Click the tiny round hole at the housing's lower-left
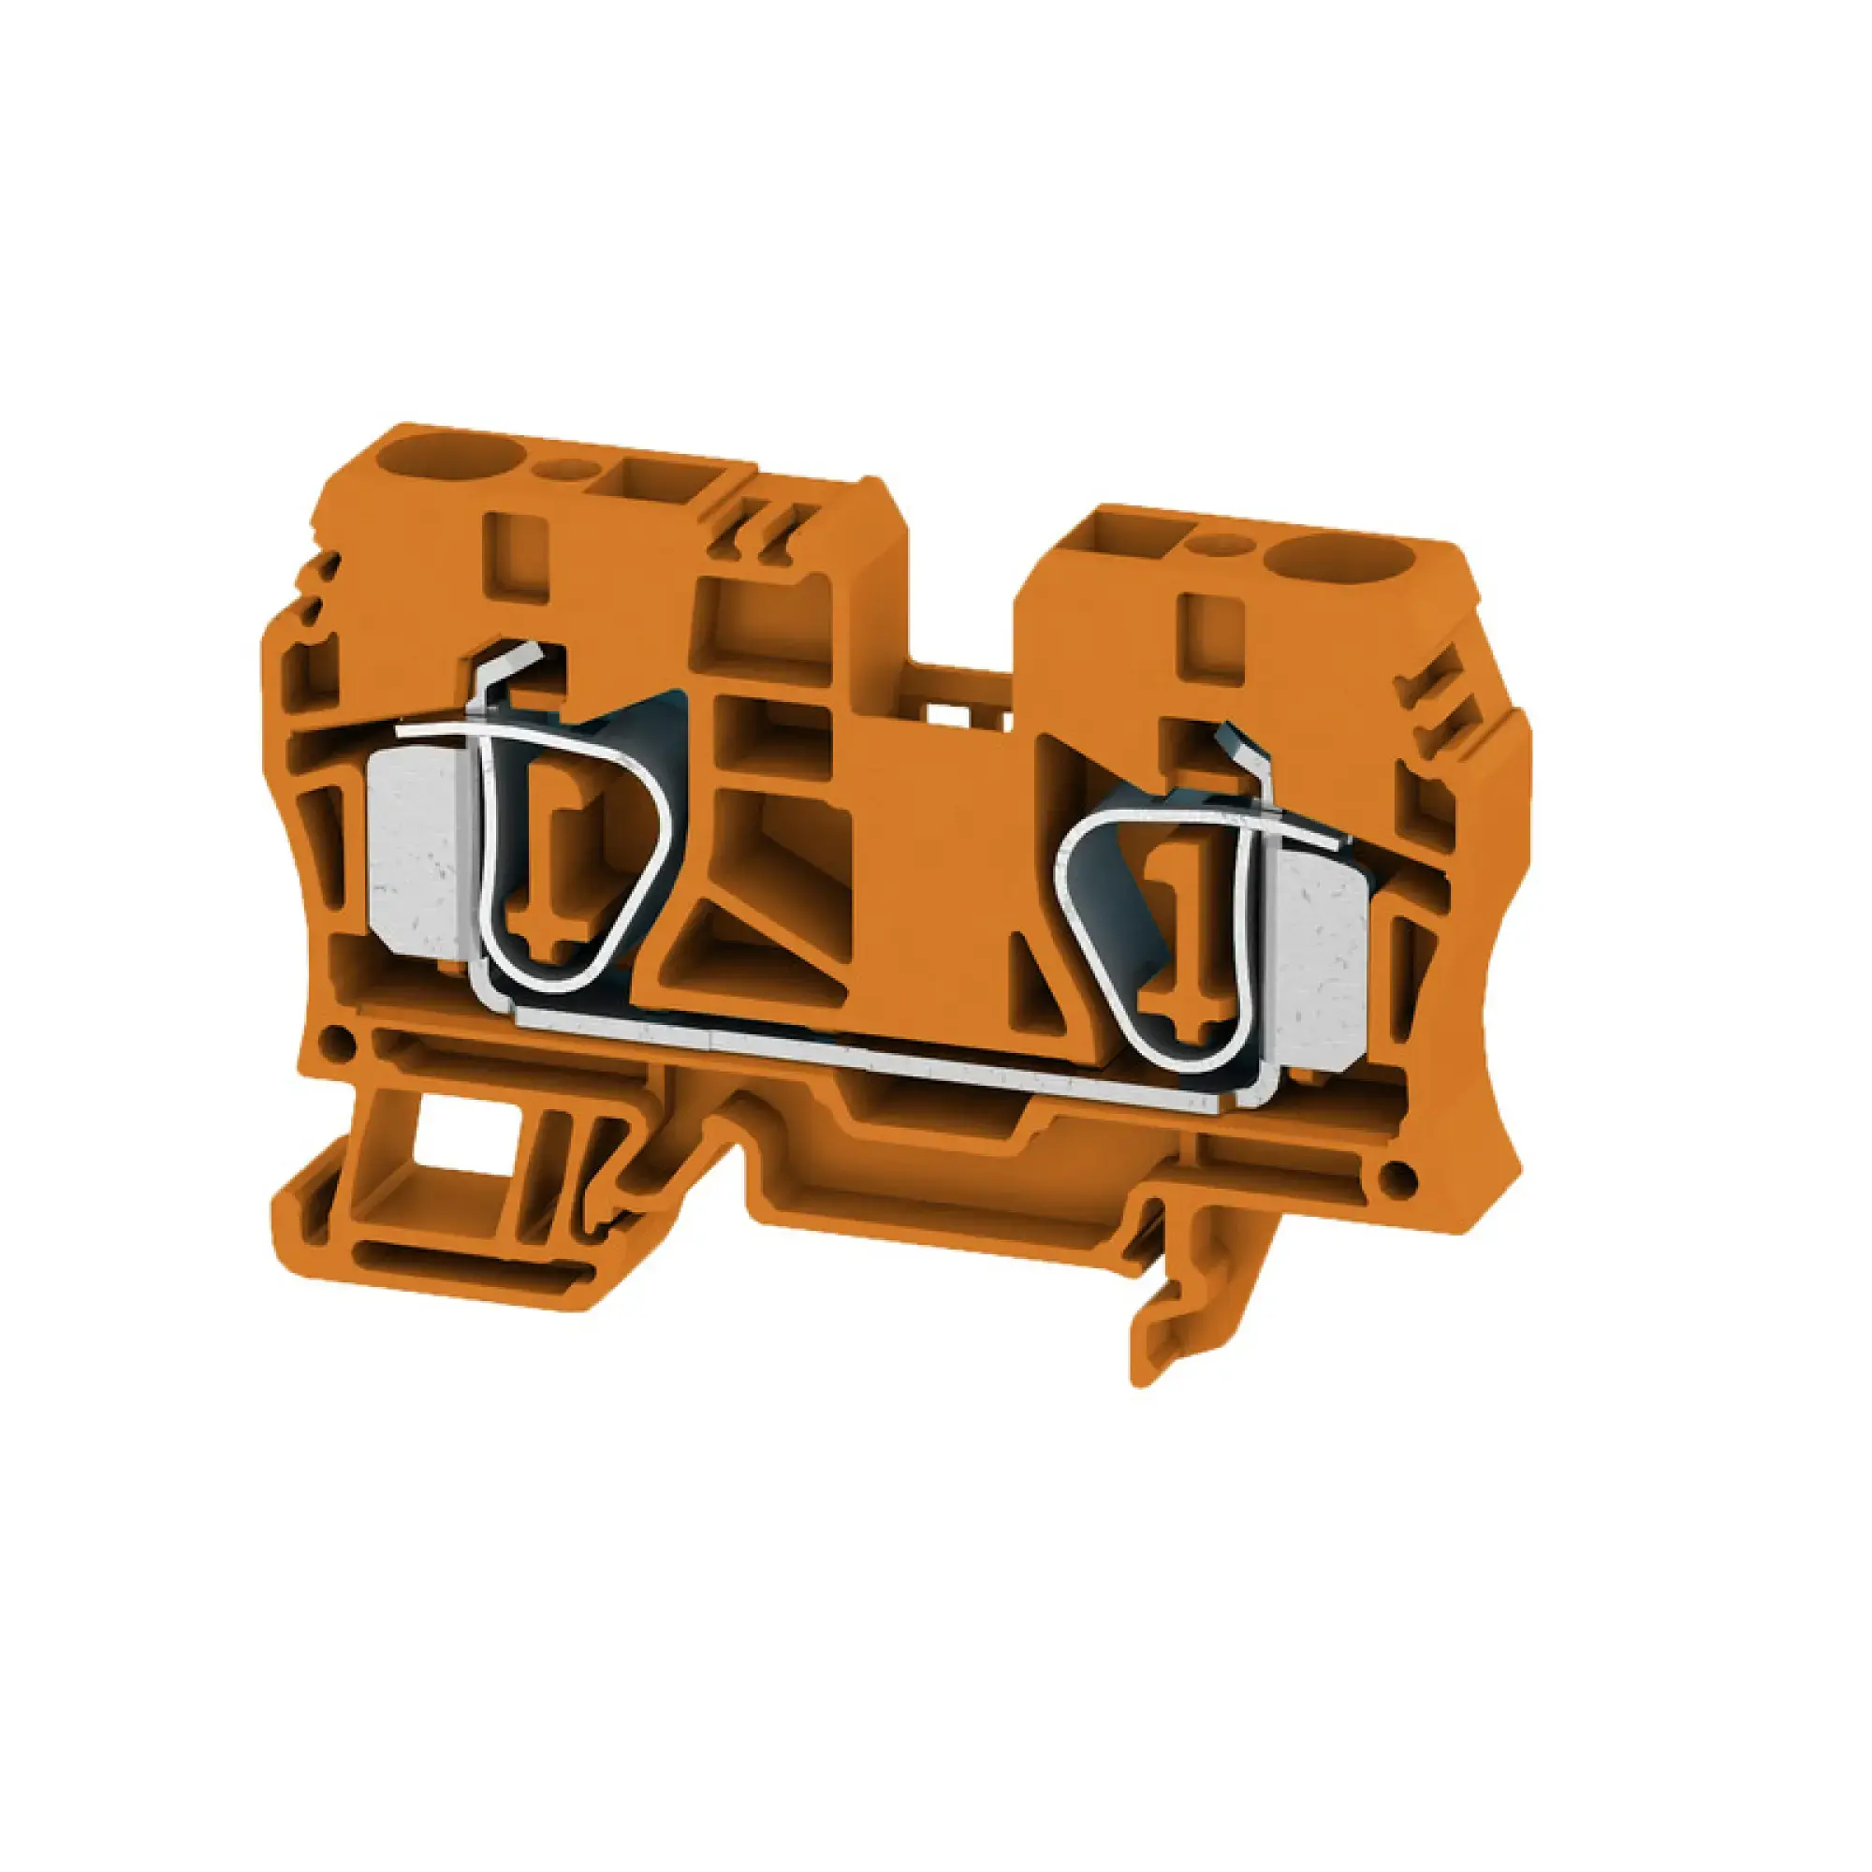(336, 1040)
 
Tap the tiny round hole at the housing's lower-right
(1396, 1177)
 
